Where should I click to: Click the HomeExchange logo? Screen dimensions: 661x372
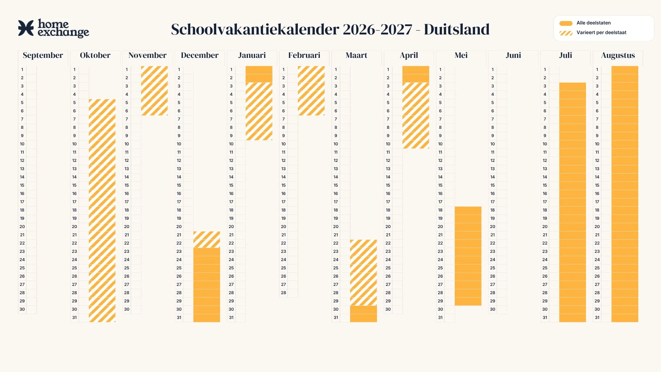click(x=53, y=28)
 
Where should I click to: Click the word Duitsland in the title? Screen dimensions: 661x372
click(x=457, y=29)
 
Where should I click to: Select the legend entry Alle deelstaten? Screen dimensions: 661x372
click(x=594, y=23)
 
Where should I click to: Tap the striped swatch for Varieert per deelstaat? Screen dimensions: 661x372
click(x=566, y=33)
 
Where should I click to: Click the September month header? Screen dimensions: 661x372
click(x=43, y=55)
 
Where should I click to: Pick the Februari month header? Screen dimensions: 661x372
click(x=304, y=55)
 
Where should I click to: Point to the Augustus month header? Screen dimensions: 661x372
click(x=618, y=55)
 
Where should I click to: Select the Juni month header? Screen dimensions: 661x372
click(x=513, y=55)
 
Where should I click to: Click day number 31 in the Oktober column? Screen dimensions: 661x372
click(x=74, y=318)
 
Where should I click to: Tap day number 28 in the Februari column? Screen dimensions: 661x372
click(x=283, y=293)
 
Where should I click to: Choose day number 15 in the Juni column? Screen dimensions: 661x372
click(x=493, y=185)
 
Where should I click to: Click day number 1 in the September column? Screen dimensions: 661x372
click(x=22, y=70)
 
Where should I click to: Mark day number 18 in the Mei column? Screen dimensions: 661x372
click(x=440, y=210)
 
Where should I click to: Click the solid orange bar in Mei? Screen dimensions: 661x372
click(x=468, y=256)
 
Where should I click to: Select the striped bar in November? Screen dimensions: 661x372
click(x=154, y=91)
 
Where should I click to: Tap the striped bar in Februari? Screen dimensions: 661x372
click(x=311, y=91)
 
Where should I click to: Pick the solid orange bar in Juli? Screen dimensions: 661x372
click(x=573, y=202)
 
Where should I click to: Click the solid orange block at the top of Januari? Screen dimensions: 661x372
click(x=259, y=74)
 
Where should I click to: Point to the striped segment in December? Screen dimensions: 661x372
click(x=207, y=239)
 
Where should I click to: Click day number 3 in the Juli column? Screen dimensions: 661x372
click(x=545, y=86)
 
